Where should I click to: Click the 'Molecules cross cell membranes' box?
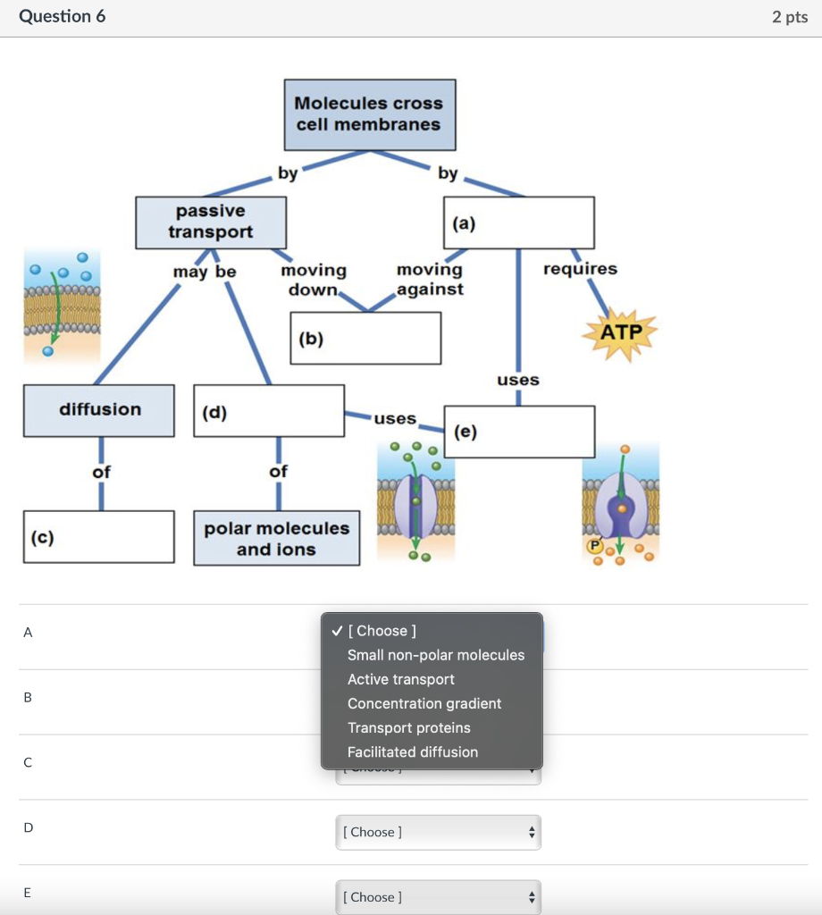pos(369,114)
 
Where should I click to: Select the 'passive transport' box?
pos(211,222)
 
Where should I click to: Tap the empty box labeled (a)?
pos(518,223)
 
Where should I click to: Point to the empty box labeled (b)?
pos(365,338)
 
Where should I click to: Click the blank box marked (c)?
pos(99,537)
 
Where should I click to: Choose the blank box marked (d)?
pos(269,411)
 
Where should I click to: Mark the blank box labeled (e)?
pos(519,432)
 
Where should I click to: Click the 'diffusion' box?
pos(99,410)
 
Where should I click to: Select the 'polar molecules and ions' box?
pos(277,539)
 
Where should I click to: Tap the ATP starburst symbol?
pos(620,333)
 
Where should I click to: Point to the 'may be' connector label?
pos(205,271)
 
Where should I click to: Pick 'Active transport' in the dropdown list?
pos(401,679)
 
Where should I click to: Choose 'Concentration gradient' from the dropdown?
pos(424,703)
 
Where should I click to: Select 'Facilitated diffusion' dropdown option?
pos(413,752)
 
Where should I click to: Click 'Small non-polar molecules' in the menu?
pos(436,655)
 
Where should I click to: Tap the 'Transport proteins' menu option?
pos(409,728)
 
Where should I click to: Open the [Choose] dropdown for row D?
pos(438,832)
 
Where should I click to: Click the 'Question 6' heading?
pos(63,17)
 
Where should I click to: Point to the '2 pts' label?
pos(790,18)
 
